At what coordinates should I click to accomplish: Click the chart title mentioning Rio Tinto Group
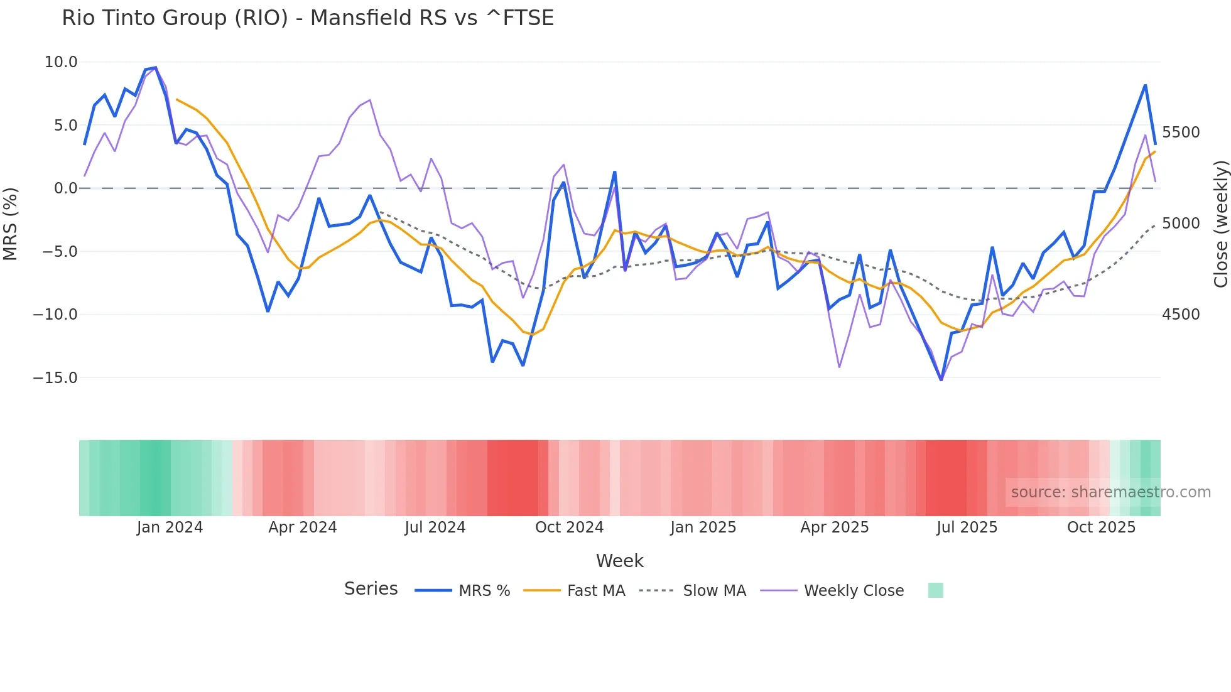tap(308, 18)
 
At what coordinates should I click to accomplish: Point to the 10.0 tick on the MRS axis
tap(61, 62)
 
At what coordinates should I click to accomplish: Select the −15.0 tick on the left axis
tap(55, 378)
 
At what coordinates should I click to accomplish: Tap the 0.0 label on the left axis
tap(65, 188)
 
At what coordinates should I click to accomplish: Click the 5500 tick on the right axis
tap(1181, 132)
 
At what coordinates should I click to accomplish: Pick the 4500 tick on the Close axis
tap(1181, 315)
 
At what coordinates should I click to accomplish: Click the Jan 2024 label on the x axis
tap(170, 527)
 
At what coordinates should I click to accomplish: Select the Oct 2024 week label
tap(569, 527)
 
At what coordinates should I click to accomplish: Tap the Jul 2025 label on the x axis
tap(967, 527)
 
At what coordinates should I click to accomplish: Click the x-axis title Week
tap(619, 561)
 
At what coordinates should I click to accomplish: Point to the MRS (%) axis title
tap(11, 224)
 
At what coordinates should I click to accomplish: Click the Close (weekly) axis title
tap(1220, 224)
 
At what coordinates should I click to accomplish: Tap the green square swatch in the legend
tap(935, 590)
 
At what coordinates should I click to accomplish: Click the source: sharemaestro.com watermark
tap(1110, 492)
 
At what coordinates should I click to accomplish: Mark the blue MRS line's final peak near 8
tap(1145, 85)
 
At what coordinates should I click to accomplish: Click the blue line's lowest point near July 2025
tap(941, 380)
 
